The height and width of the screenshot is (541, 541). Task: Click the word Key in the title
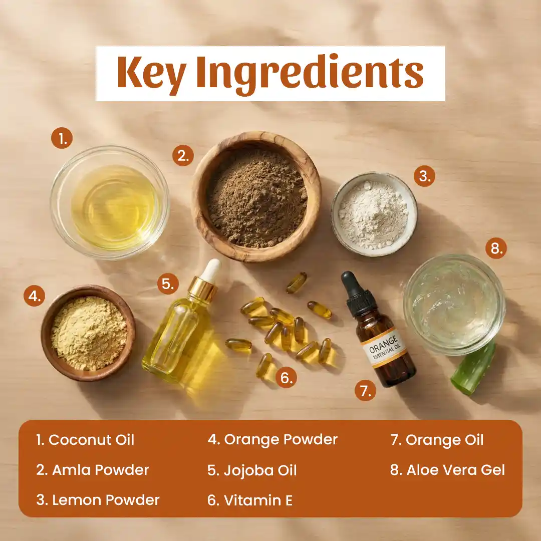[151, 73]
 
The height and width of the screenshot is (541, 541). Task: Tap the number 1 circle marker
[62, 138]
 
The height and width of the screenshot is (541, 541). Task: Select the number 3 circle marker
[424, 176]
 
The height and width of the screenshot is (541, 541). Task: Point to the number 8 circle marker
[496, 248]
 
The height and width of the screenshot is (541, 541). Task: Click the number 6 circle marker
[286, 378]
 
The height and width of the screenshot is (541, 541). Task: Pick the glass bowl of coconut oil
[110, 202]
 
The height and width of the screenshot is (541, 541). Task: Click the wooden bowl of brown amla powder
[256, 196]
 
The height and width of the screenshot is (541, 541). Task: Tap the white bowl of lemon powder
[374, 214]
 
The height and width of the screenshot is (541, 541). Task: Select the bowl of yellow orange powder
[88, 333]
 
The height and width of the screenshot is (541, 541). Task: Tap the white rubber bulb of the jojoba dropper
[211, 269]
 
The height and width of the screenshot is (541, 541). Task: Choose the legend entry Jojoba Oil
[252, 470]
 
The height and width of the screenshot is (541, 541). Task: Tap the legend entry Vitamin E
[250, 500]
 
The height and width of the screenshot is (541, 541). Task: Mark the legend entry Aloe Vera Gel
[447, 470]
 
